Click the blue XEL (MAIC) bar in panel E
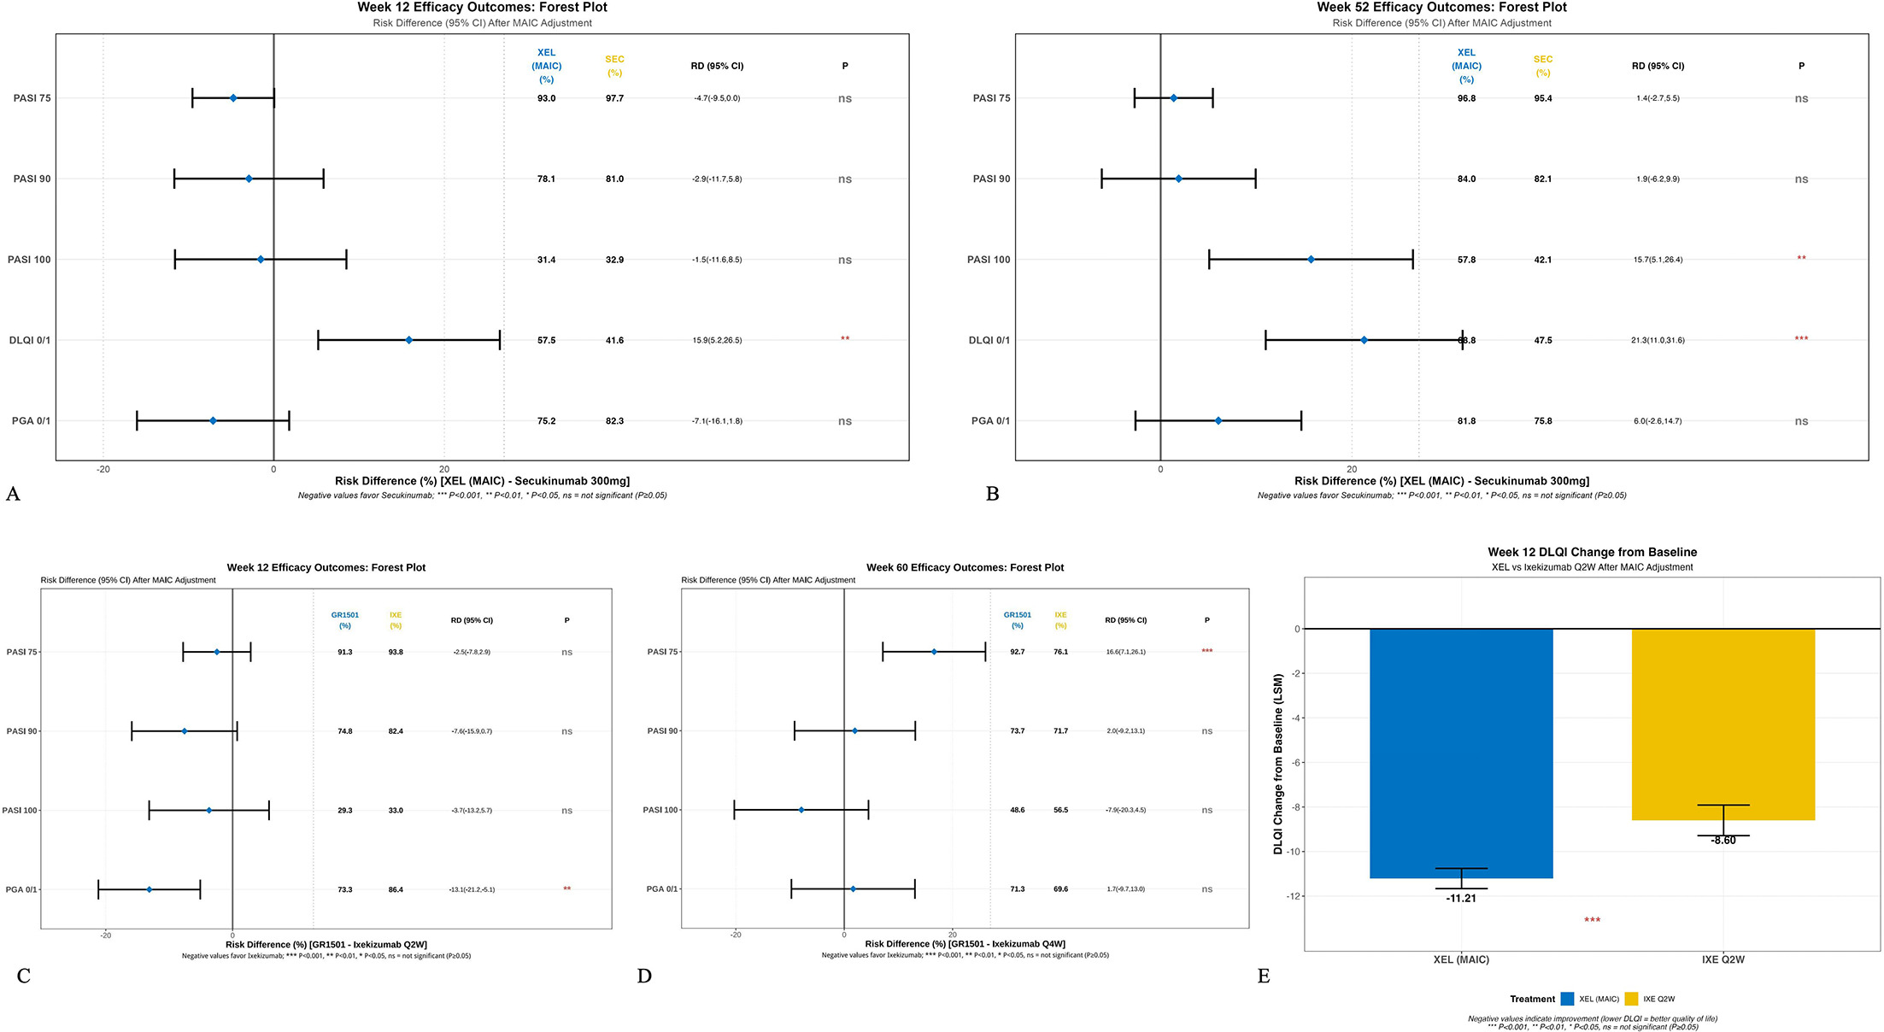(1461, 752)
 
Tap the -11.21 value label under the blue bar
(1461, 899)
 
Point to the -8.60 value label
(1723, 841)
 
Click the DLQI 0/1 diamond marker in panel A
(408, 340)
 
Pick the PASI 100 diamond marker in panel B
(1311, 259)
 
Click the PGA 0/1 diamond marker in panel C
(149, 889)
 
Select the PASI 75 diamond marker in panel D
(934, 652)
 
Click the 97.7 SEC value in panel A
(614, 98)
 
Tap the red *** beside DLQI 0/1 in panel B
(1801, 339)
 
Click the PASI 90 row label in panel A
(32, 179)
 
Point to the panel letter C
(23, 976)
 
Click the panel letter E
(1264, 976)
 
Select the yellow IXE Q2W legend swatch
(1631, 999)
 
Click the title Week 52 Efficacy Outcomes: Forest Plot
(1441, 8)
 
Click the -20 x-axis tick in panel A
(103, 469)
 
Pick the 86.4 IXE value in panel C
(396, 890)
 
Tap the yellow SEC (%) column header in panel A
(614, 66)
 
